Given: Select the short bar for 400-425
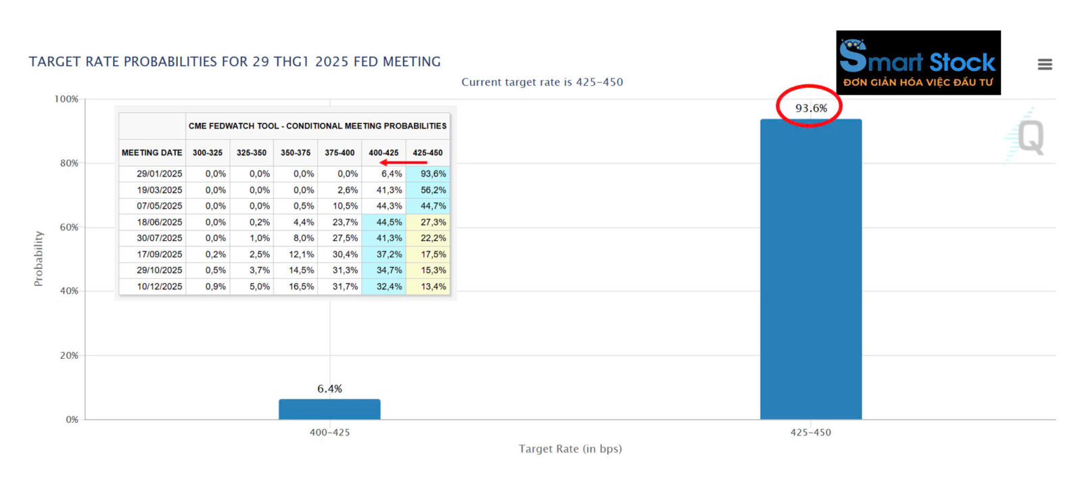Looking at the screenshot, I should pos(329,409).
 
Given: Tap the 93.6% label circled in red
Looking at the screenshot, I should pos(811,108).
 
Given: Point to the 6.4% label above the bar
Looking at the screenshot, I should pos(329,388).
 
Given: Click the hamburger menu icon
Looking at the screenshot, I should pos(1045,64).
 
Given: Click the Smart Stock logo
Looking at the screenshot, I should pos(918,62).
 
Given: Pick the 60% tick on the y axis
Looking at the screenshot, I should pos(69,227).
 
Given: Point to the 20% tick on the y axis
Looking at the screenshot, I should pos(69,355).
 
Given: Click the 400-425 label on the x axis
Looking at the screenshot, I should pos(329,432).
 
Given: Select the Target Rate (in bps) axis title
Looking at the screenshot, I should pos(570,449).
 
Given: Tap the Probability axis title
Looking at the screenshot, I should pos(39,259).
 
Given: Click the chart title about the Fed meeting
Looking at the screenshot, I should pos(235,61).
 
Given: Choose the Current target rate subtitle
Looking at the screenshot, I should pos(542,82).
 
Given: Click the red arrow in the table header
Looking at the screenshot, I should pos(403,162).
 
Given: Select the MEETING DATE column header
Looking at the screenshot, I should pos(151,153).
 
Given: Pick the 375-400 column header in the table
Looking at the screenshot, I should pos(339,153).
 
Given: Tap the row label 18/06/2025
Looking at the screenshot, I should pos(160,222).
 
